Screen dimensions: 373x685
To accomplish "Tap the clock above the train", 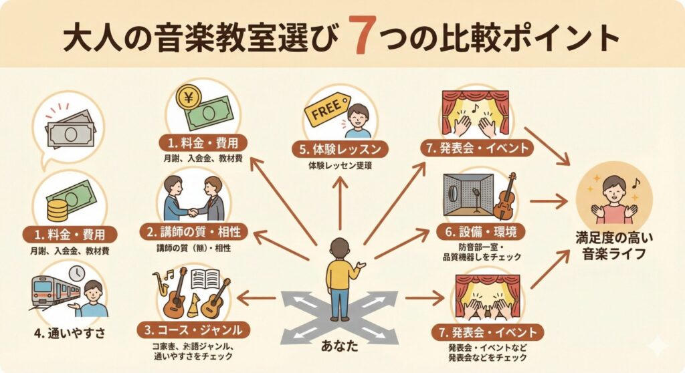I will (x=76, y=273).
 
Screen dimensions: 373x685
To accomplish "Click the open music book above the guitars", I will (x=205, y=279).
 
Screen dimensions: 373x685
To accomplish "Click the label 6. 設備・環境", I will (x=482, y=232).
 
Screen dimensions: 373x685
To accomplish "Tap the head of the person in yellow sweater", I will (x=340, y=247).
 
